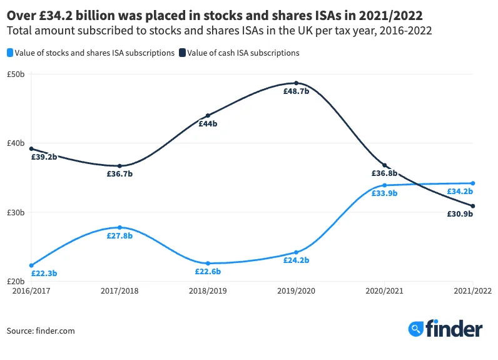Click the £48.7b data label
pos(296,91)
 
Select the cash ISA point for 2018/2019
pos(208,116)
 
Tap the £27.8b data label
pos(119,235)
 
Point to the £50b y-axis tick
pos(16,74)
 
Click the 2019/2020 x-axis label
pos(296,291)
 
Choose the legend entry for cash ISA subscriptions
pos(239,53)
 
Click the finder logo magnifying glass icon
pos(415,329)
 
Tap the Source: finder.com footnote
pos(41,331)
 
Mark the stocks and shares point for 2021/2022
pos(473,183)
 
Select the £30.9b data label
pos(460,214)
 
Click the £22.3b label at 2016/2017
pos(44,274)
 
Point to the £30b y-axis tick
pos(16,212)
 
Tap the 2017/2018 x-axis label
pos(119,291)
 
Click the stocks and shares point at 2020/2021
pos(385,185)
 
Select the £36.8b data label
pos(385,173)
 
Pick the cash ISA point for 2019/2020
pos(296,83)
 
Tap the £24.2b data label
pos(296,260)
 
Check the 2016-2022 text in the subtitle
pos(409,30)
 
